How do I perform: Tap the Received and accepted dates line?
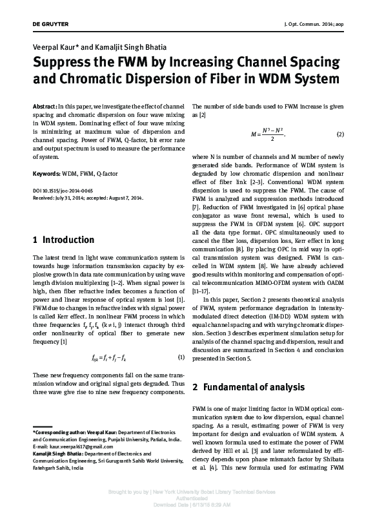88,199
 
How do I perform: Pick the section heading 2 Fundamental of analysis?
248,388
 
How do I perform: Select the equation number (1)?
181,357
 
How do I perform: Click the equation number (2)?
341,134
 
